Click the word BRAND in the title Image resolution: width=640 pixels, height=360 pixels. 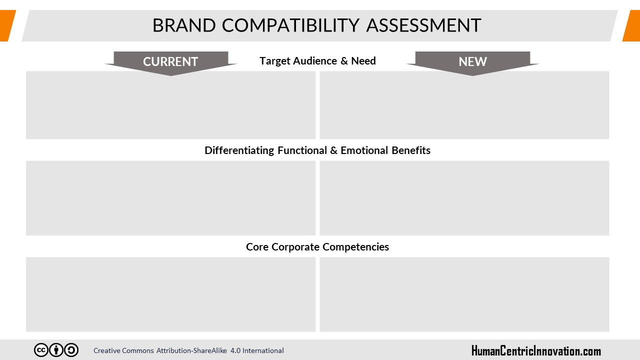pyautogui.click(x=184, y=25)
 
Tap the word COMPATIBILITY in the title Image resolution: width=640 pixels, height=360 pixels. pyautogui.click(x=290, y=25)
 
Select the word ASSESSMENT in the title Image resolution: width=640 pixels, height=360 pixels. pyautogui.click(x=423, y=25)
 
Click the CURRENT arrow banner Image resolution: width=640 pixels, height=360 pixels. pyautogui.click(x=171, y=63)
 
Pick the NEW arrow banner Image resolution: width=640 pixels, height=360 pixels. pyautogui.click(x=472, y=63)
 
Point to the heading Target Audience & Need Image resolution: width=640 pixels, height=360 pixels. pyautogui.click(x=317, y=61)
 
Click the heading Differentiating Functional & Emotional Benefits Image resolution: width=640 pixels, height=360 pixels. pyautogui.click(x=317, y=150)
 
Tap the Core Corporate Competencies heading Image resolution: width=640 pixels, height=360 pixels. pyautogui.click(x=317, y=247)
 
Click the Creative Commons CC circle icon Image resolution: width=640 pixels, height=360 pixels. pyautogui.click(x=41, y=350)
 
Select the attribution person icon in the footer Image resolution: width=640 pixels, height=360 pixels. pyautogui.click(x=56, y=350)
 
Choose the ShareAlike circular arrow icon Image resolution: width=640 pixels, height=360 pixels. pyautogui.click(x=71, y=350)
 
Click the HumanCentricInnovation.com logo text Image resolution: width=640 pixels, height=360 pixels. pyautogui.click(x=536, y=351)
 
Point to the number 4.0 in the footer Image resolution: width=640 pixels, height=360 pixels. pyautogui.click(x=235, y=350)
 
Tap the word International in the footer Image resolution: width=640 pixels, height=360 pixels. pyautogui.click(x=263, y=350)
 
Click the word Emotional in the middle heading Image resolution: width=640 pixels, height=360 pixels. pyautogui.click(x=364, y=150)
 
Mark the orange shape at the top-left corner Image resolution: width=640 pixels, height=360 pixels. pyautogui.click(x=7, y=25)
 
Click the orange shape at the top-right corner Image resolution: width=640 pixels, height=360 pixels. pyautogui.click(x=631, y=25)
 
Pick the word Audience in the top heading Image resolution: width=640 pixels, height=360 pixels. pyautogui.click(x=315, y=61)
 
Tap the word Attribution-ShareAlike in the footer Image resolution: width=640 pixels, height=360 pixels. pyautogui.click(x=191, y=350)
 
